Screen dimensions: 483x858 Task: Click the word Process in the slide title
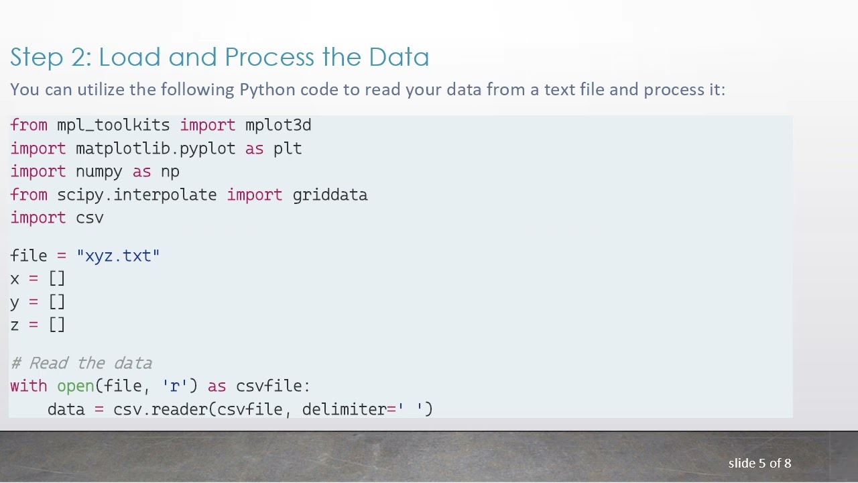point(269,58)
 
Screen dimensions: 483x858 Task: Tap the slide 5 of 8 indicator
point(759,464)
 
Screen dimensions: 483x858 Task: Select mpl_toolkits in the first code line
point(113,125)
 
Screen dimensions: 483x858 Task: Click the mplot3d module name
point(278,125)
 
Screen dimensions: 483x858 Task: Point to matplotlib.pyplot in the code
point(156,148)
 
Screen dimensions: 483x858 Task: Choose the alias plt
point(288,148)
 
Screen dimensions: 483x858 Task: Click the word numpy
point(99,172)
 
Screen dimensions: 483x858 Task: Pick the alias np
point(170,172)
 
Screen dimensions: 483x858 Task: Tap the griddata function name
point(330,195)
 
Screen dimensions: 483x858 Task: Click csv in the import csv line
point(90,218)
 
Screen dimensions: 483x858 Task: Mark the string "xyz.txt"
point(118,256)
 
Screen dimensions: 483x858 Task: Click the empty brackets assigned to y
point(57,302)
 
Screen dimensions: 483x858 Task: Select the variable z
point(15,325)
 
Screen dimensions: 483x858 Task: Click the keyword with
point(29,386)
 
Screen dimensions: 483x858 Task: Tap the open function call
point(76,386)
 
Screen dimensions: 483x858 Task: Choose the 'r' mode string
point(175,386)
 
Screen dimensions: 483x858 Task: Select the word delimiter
point(344,409)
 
